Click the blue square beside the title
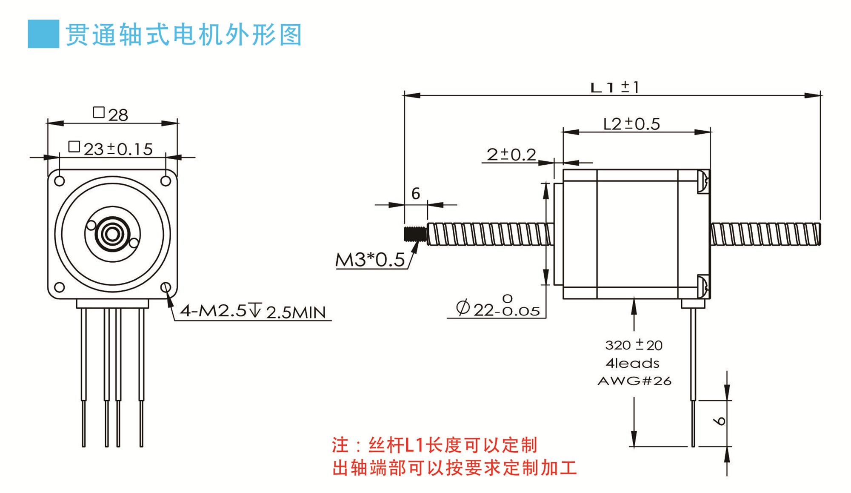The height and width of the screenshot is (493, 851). click(x=43, y=34)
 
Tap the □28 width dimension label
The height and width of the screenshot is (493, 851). click(x=111, y=114)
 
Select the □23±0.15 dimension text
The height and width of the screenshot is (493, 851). click(x=110, y=149)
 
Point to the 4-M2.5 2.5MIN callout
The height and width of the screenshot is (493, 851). click(x=253, y=311)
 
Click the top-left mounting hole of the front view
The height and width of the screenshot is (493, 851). click(x=60, y=181)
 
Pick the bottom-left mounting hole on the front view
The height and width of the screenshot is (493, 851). click(x=60, y=287)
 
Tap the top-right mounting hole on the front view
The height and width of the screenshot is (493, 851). click(x=166, y=181)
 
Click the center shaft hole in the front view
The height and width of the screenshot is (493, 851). click(x=112, y=234)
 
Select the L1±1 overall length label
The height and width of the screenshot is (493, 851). click(x=614, y=87)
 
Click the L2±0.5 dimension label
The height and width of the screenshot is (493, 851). click(x=631, y=124)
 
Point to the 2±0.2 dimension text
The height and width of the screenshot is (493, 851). click(x=511, y=154)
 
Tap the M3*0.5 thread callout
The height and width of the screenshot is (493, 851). click(x=370, y=260)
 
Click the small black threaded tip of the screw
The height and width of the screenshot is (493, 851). click(x=415, y=234)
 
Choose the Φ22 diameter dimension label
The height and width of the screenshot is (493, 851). click(x=497, y=306)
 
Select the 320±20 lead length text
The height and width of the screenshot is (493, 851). click(x=634, y=344)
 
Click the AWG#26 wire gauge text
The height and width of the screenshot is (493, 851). click(x=634, y=381)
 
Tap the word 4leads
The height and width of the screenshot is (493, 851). click(x=633, y=363)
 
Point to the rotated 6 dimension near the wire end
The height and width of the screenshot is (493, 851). click(x=720, y=421)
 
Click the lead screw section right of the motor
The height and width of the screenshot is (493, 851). click(x=765, y=234)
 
